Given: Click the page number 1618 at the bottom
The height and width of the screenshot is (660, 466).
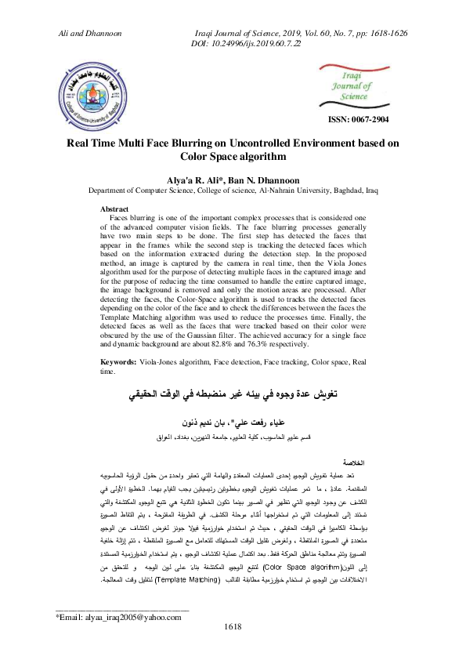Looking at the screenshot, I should (233, 647).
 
